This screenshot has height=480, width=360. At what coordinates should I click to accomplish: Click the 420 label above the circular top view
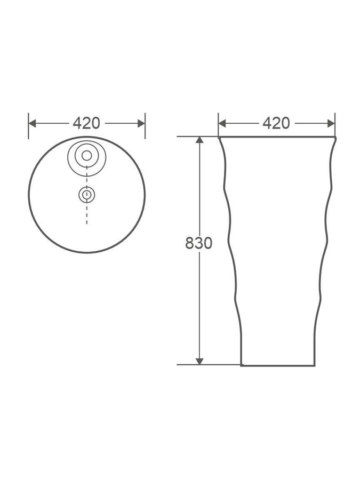click(x=86, y=123)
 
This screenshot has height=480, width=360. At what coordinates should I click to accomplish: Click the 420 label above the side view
click(x=276, y=123)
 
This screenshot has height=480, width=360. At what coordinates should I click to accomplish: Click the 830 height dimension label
click(x=199, y=243)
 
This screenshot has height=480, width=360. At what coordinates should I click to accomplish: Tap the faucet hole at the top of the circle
click(x=86, y=156)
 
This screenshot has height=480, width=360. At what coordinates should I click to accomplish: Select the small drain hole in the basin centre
click(x=86, y=195)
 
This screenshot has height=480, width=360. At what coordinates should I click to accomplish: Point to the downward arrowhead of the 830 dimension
click(x=199, y=361)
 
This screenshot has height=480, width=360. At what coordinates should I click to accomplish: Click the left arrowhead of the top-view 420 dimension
click(x=32, y=123)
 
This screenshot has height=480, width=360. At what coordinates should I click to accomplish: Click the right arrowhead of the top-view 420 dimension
click(x=141, y=123)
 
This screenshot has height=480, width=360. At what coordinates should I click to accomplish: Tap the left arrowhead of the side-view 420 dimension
click(x=222, y=123)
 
